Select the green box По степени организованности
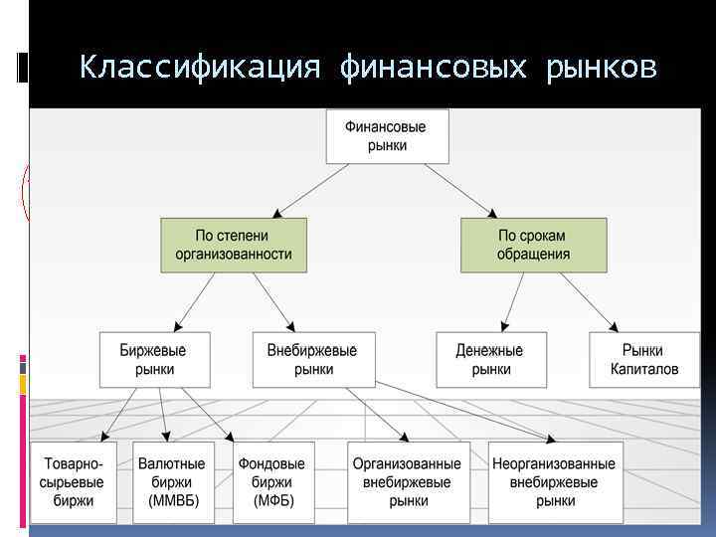pyautogui.click(x=234, y=245)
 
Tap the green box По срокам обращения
pyautogui.click(x=533, y=245)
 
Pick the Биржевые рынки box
pyautogui.click(x=153, y=359)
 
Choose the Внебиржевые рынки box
pyautogui.click(x=312, y=359)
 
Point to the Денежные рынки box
pyautogui.click(x=490, y=359)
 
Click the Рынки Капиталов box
pyautogui.click(x=643, y=359)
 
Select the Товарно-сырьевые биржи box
pyautogui.click(x=74, y=481)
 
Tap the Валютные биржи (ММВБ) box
pyautogui.click(x=174, y=481)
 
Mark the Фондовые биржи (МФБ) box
pyautogui.click(x=271, y=481)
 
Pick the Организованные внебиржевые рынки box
pyautogui.click(x=409, y=481)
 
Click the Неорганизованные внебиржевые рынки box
pyautogui.click(x=554, y=481)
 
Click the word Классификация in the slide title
pyautogui.click(x=200, y=68)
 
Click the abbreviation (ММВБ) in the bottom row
pyautogui.click(x=174, y=500)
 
